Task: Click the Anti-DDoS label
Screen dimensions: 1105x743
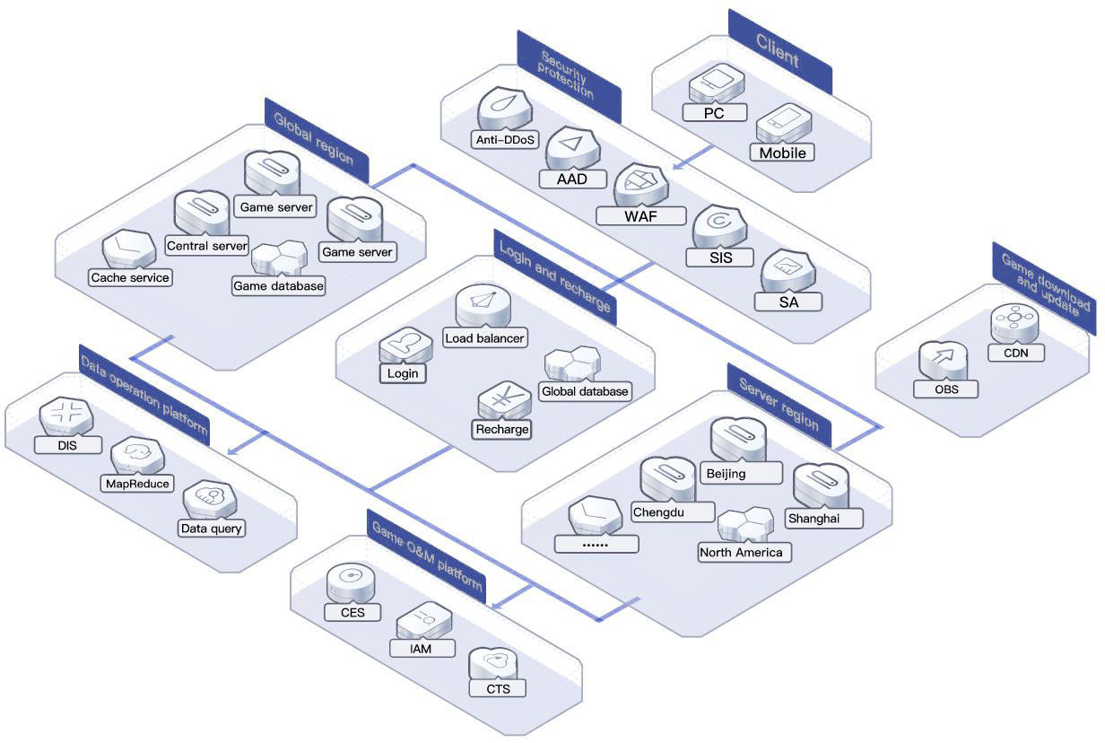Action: tap(505, 140)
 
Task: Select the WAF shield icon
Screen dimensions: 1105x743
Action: tap(640, 185)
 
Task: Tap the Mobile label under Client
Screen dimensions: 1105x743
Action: tap(782, 153)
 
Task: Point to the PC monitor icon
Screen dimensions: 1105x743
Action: tap(717, 83)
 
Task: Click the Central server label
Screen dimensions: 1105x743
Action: tap(206, 245)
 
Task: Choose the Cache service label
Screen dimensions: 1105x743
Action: tap(130, 277)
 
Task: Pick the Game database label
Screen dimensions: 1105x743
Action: tap(278, 286)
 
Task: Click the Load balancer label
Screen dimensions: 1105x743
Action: tap(484, 338)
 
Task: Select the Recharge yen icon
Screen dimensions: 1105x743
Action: tap(504, 400)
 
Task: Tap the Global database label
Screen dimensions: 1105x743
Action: tap(585, 391)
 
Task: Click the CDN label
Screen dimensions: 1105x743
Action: tap(1016, 353)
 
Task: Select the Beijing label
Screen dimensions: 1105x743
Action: tap(727, 474)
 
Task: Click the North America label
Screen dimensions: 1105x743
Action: tap(741, 552)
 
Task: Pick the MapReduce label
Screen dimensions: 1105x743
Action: tap(137, 484)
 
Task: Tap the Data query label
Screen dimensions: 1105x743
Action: tap(211, 529)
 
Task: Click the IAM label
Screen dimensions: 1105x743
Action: tap(421, 649)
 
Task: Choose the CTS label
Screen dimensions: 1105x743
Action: tap(499, 688)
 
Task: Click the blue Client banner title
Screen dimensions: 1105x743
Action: tap(778, 51)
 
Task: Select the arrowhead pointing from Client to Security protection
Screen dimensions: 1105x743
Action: tap(679, 165)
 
